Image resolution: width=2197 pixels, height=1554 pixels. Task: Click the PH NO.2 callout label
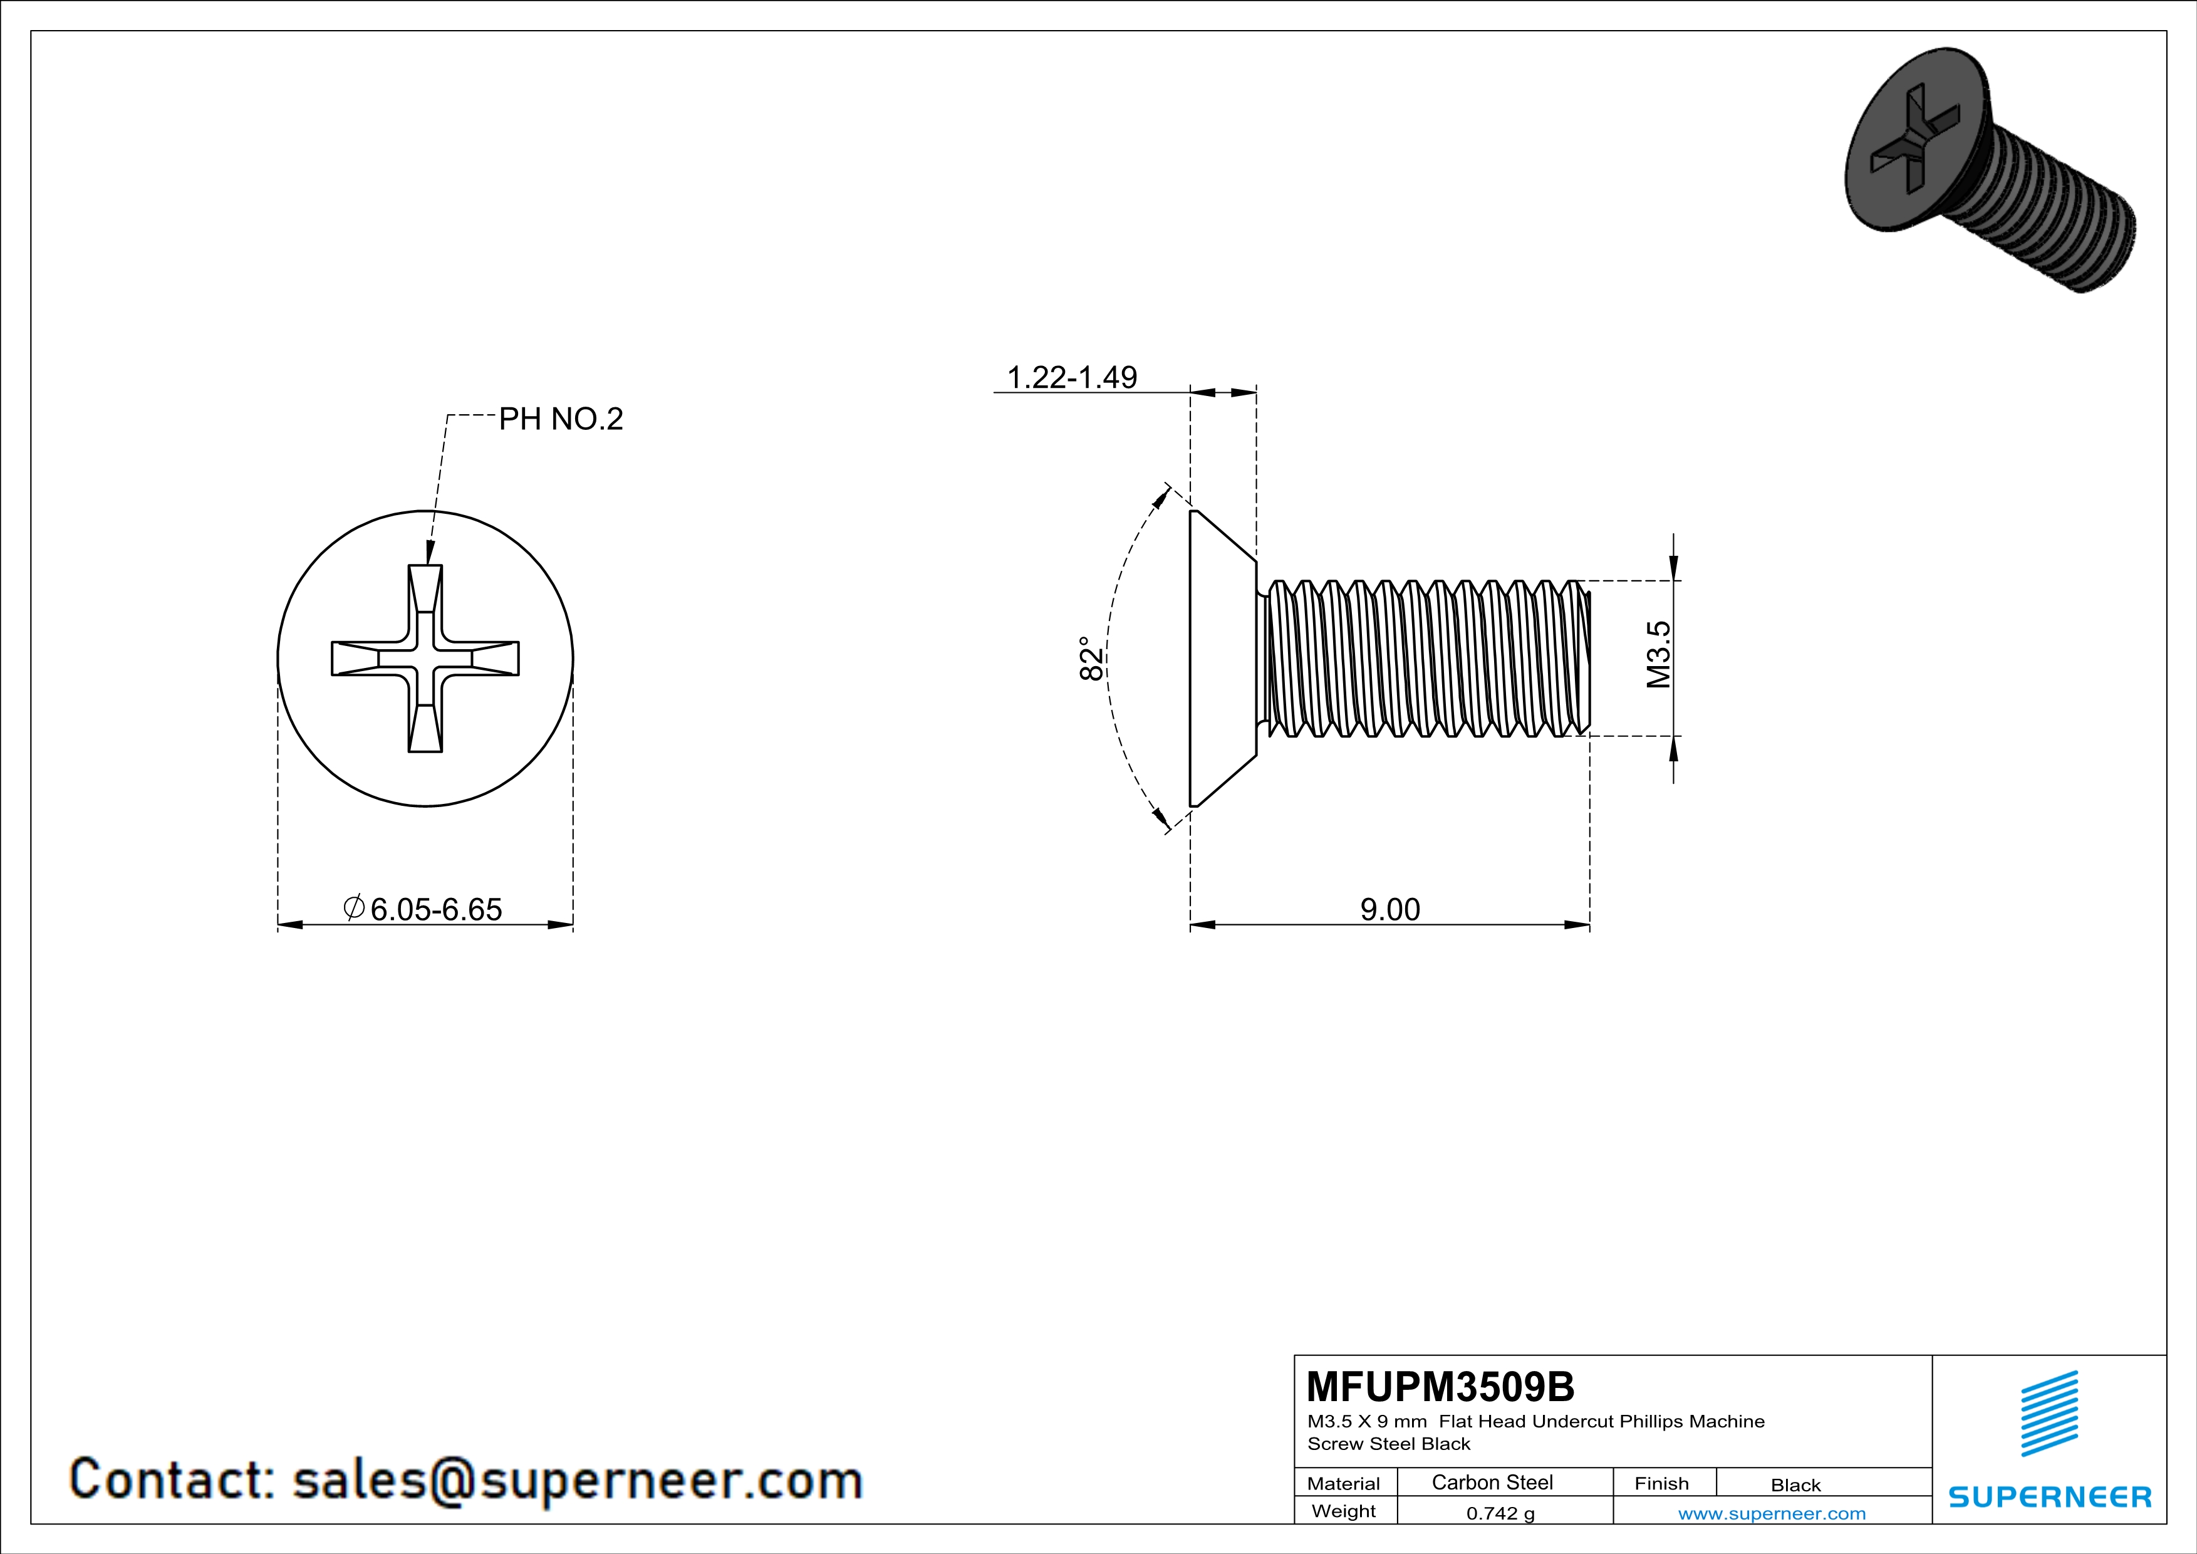pos(561,419)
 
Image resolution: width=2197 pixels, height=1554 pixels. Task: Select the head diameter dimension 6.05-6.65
pos(435,909)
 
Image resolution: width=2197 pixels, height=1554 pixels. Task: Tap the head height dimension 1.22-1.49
pos(1072,377)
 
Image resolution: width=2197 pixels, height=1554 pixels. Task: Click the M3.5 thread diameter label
pos(1658,655)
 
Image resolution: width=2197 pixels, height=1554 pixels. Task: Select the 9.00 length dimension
pos(1389,909)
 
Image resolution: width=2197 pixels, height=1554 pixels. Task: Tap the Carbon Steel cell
pos(1492,1482)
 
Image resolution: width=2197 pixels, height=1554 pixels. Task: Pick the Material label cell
pos(1344,1483)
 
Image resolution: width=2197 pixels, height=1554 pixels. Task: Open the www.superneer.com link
pos(1771,1513)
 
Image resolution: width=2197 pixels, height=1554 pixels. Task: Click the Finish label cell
pos(1661,1483)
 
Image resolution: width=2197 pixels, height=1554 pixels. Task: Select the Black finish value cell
pos(1795,1485)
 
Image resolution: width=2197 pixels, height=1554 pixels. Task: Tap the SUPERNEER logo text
pos(2050,1496)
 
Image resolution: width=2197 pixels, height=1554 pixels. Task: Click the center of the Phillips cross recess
pos(426,659)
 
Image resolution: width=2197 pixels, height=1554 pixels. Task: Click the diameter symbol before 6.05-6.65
pos(353,907)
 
